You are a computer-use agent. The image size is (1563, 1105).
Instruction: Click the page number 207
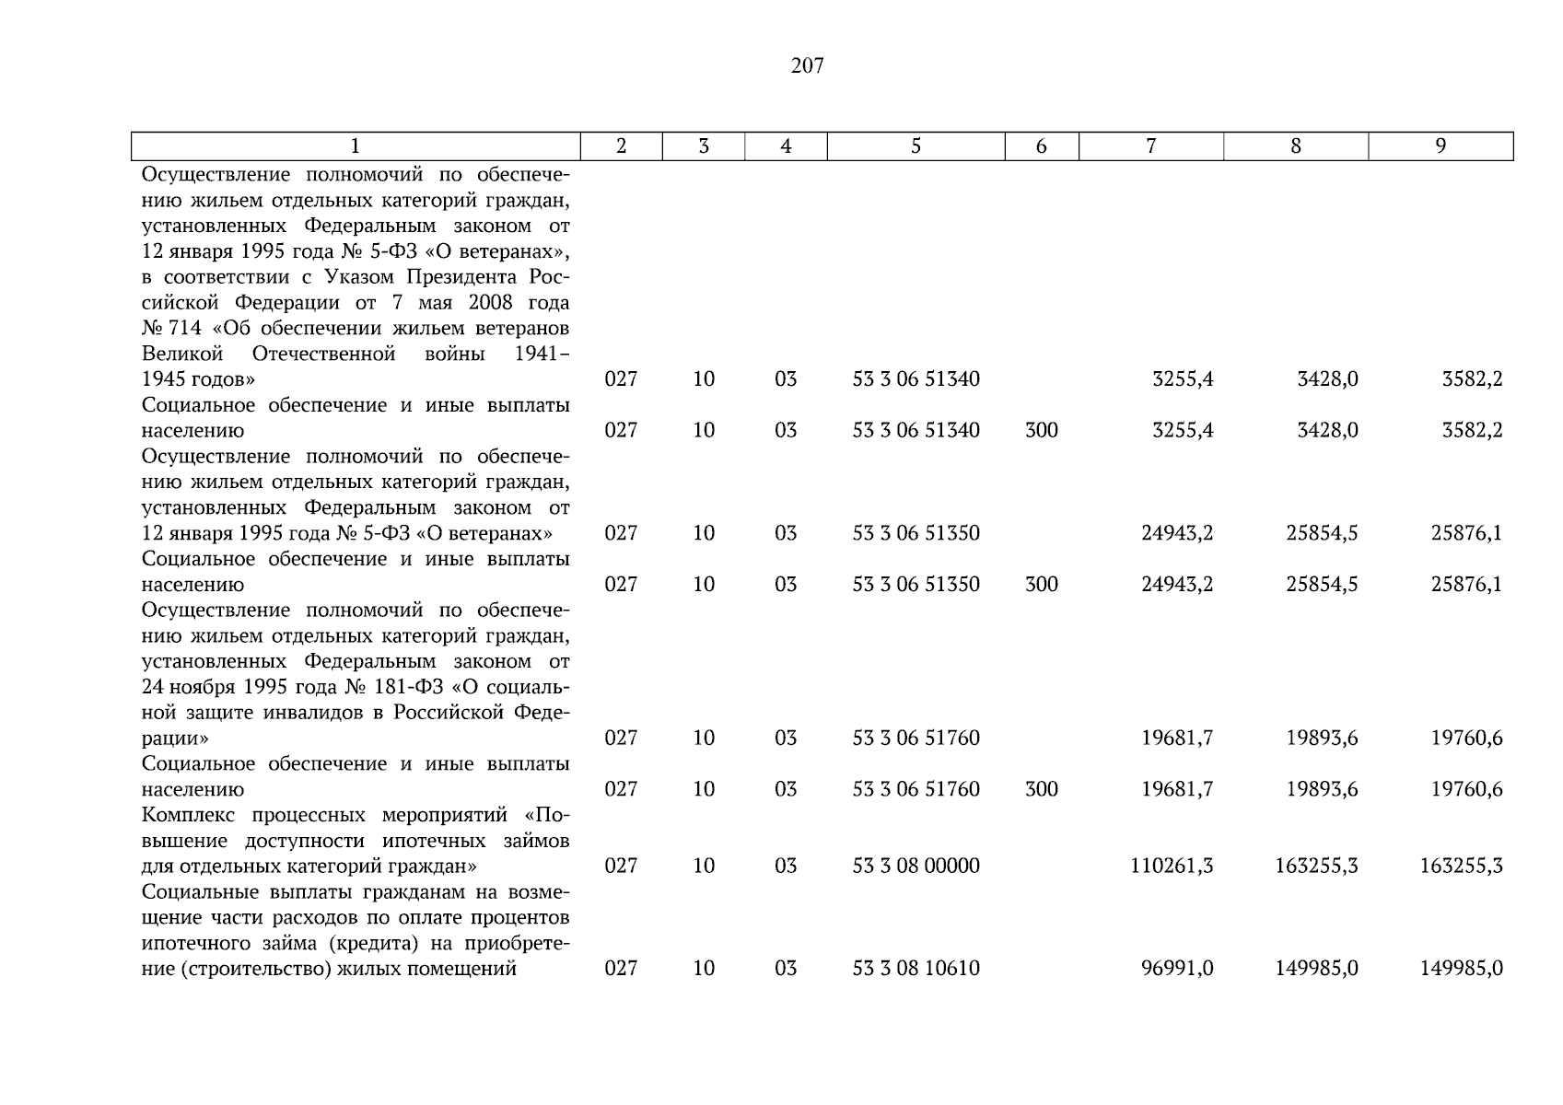click(807, 65)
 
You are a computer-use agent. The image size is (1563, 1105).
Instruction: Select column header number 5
click(916, 145)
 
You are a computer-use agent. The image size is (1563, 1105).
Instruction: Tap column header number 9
click(1441, 145)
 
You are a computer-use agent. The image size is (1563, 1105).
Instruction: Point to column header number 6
click(1041, 145)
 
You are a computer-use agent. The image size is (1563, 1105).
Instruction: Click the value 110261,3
click(1172, 866)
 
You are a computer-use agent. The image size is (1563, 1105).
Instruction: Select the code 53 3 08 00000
click(916, 866)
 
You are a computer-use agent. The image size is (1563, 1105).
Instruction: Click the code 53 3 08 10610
click(916, 969)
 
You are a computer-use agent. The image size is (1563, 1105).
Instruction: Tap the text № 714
click(171, 328)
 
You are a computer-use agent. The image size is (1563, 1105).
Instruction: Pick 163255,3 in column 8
click(1316, 866)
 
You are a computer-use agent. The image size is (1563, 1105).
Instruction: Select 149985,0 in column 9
click(1461, 969)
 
